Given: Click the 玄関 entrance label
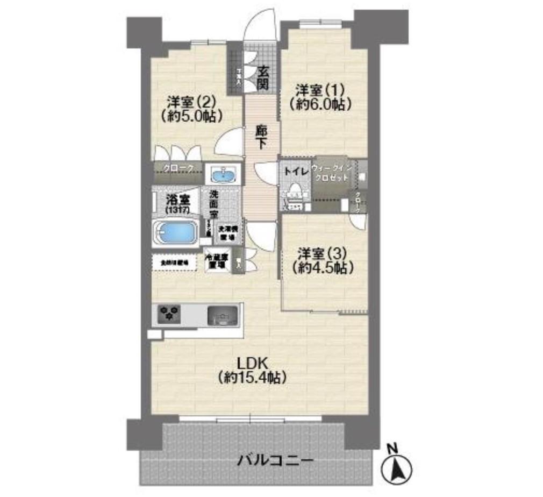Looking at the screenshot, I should [x=262, y=77].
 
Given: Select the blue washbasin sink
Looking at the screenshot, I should [x=223, y=175].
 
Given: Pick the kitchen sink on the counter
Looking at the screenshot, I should [x=222, y=315].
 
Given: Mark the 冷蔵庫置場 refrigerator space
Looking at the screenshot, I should [x=217, y=261].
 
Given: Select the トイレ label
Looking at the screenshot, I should [x=294, y=172].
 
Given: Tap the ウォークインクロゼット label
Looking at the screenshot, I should [x=332, y=173].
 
